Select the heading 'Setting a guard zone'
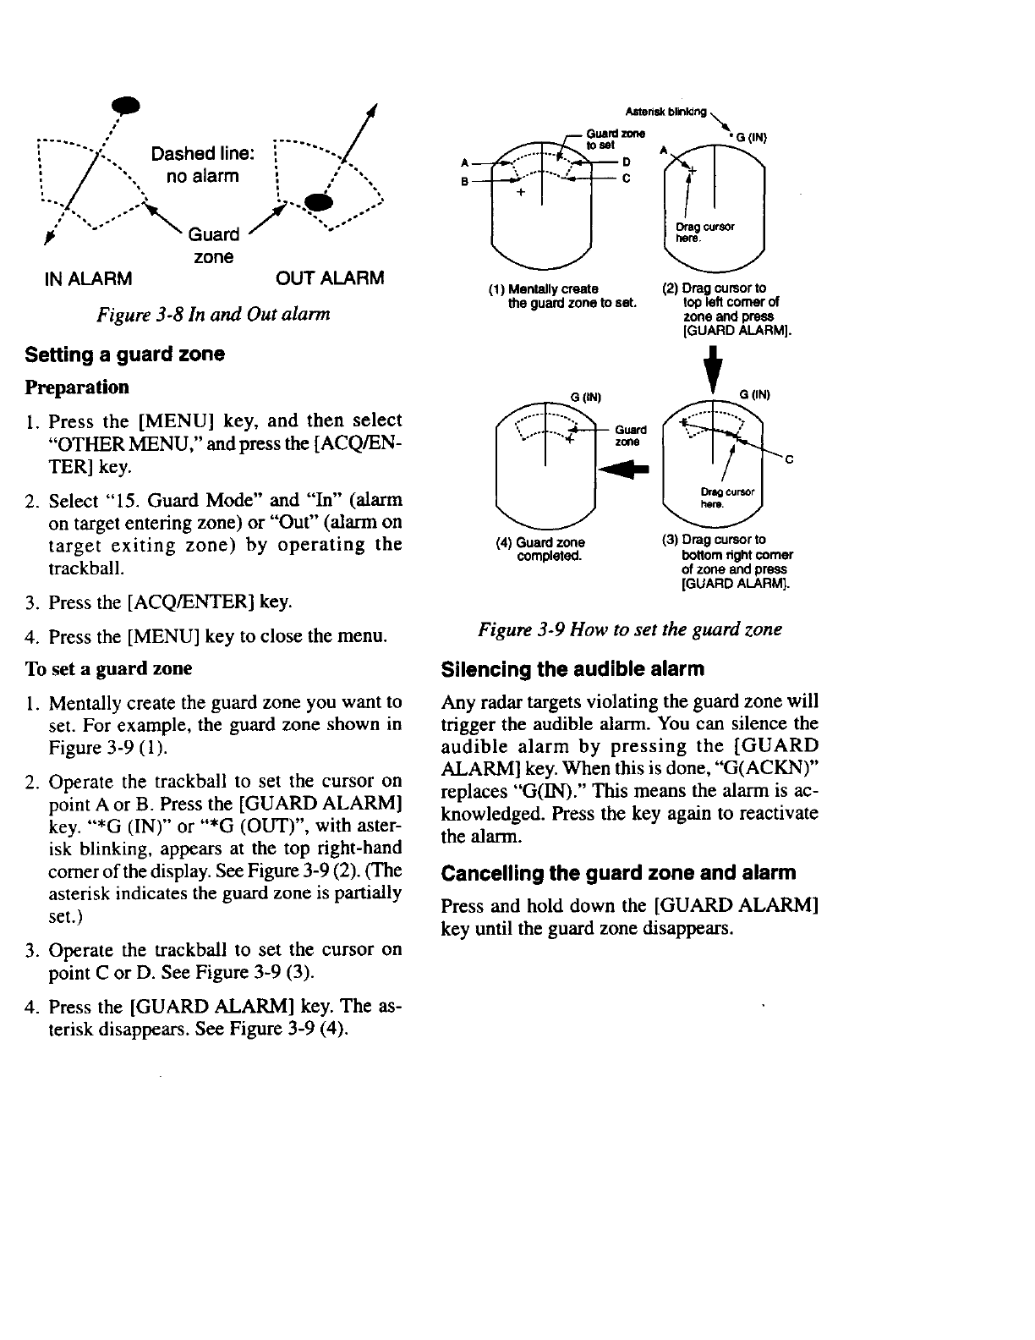[125, 354]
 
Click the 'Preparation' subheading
[77, 387]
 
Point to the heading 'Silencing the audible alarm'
[572, 669]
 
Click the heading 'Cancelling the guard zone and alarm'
[619, 872]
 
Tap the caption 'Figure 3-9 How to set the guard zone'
[630, 629]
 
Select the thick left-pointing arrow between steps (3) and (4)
[623, 468]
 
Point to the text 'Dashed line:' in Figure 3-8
[202, 153]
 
